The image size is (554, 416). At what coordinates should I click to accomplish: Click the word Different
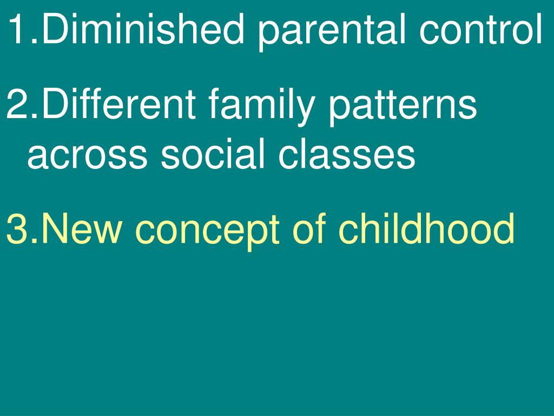pyautogui.click(x=118, y=103)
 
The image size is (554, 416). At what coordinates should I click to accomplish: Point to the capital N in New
pyautogui.click(x=55, y=229)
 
